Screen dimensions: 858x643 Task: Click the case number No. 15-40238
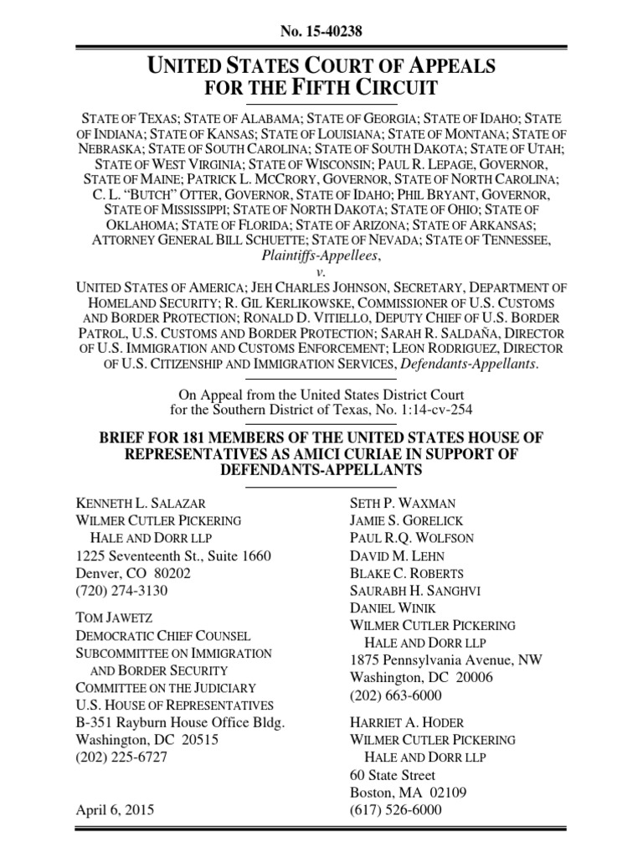[x=321, y=32]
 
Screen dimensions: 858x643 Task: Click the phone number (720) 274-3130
[x=121, y=591]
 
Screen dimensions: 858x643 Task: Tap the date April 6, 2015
[x=116, y=810]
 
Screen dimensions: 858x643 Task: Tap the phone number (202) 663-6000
[x=395, y=695]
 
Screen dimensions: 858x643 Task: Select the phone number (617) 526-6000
[x=395, y=810]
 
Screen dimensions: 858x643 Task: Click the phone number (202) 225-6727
[x=121, y=757]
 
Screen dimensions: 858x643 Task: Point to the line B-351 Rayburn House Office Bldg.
[x=181, y=721]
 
